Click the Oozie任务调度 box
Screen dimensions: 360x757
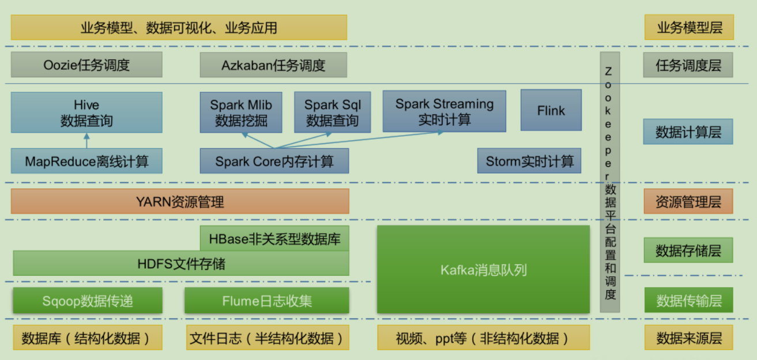(x=86, y=65)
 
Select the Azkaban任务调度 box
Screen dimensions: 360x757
(x=273, y=65)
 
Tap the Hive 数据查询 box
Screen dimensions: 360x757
(x=86, y=113)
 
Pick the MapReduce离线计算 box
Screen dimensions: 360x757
(x=86, y=161)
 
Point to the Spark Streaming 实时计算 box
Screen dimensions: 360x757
(x=444, y=111)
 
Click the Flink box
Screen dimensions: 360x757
(x=551, y=110)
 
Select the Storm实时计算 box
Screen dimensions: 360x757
(x=529, y=161)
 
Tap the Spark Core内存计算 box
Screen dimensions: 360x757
(x=274, y=161)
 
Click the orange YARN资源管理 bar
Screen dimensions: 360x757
(x=180, y=201)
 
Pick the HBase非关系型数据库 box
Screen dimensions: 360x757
(x=274, y=238)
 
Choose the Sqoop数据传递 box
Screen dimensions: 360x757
(x=86, y=301)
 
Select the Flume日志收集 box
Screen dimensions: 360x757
(x=267, y=301)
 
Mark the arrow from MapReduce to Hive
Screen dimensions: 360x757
(x=86, y=141)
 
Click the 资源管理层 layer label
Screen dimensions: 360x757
(x=688, y=202)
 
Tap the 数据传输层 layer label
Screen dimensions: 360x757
(x=688, y=301)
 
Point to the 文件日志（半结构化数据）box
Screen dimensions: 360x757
(x=267, y=338)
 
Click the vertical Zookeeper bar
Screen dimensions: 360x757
(x=610, y=182)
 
